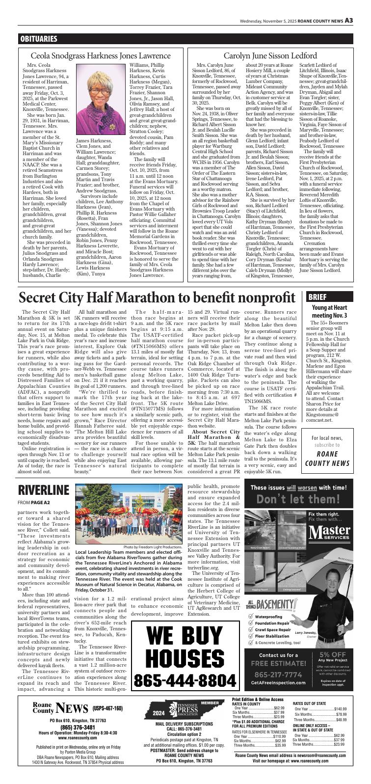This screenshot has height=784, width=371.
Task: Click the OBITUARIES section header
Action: pyautogui.click(x=39, y=39)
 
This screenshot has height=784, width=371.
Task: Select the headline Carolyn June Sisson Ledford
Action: pyautogui.click(x=270, y=55)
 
